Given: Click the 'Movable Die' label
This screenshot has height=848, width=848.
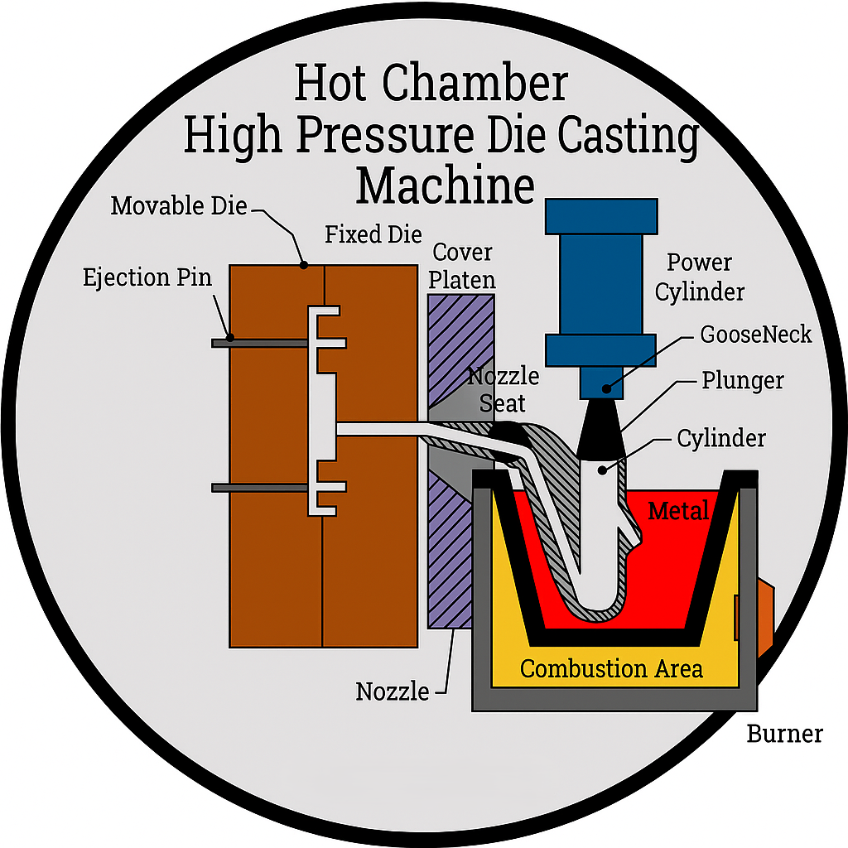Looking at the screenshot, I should (x=179, y=205).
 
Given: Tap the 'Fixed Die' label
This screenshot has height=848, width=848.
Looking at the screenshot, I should (x=373, y=234).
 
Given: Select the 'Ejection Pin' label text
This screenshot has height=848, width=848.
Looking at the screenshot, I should (x=147, y=277).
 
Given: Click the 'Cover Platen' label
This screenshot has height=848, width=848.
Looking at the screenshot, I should (x=463, y=265).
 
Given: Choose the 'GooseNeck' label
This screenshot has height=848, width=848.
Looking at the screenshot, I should (x=755, y=335).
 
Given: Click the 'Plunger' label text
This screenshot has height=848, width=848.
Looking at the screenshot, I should (x=743, y=380).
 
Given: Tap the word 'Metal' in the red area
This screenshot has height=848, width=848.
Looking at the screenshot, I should (x=678, y=511).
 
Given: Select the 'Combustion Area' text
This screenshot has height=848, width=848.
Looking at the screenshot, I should (x=611, y=668).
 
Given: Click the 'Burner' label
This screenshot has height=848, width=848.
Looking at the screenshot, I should (x=784, y=734).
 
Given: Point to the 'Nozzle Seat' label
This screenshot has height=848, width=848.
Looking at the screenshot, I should (x=503, y=389).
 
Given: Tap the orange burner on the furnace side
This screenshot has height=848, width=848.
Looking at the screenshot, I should (x=764, y=610).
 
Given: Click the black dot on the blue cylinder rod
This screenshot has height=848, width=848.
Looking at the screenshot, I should (x=607, y=387).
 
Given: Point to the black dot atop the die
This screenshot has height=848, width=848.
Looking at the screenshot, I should (x=304, y=265).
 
